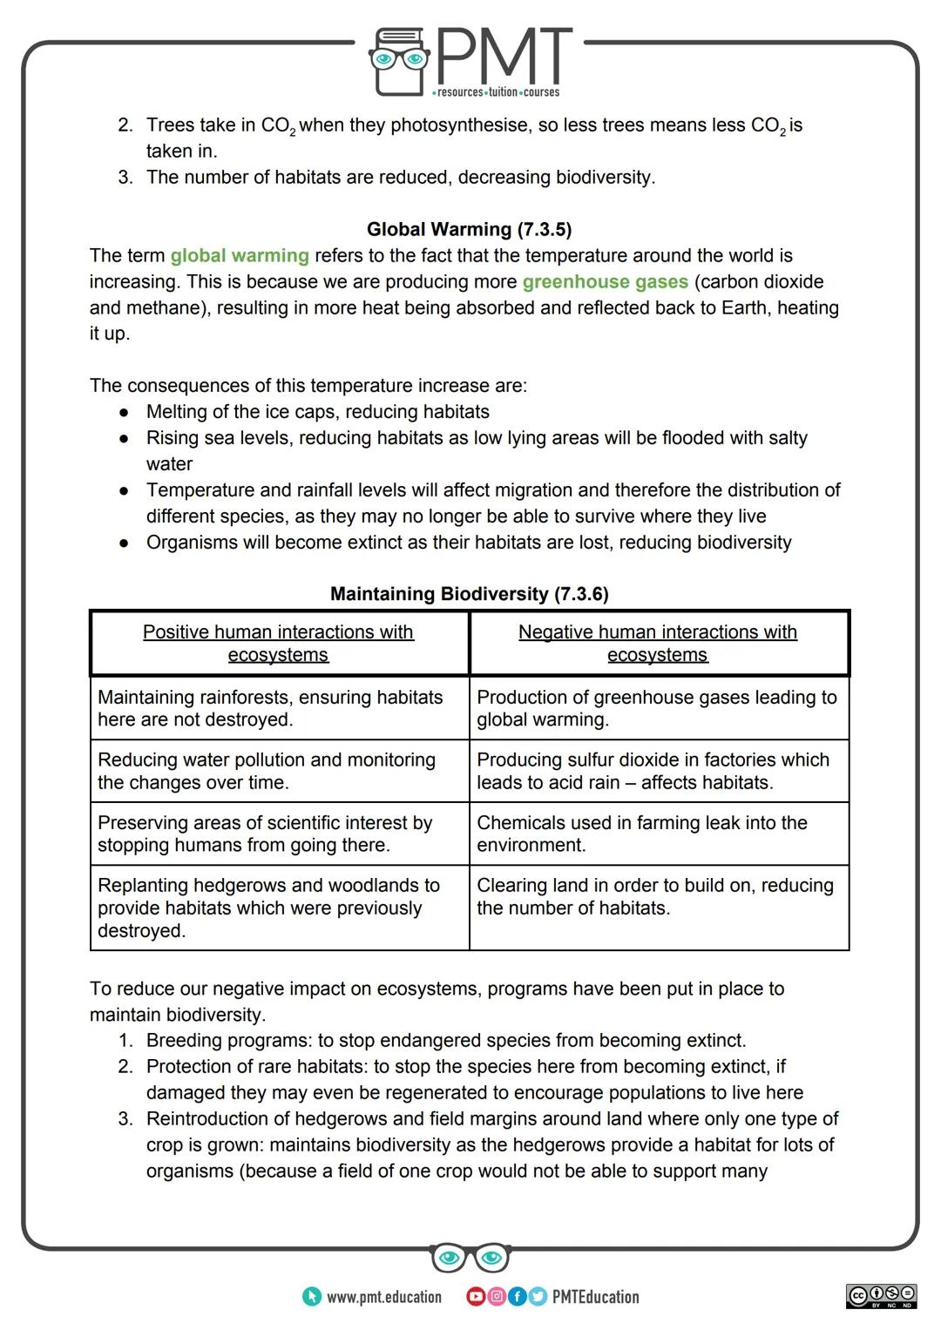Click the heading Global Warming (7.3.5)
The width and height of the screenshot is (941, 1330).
tap(469, 229)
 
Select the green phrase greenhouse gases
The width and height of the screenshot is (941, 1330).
tap(605, 281)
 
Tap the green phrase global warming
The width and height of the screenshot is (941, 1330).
tap(240, 255)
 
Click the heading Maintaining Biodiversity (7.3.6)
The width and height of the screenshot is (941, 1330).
tap(469, 594)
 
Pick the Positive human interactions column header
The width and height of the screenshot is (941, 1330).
tap(279, 644)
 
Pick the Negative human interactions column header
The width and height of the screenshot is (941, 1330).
tap(658, 644)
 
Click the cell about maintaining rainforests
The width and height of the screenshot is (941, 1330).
tap(279, 708)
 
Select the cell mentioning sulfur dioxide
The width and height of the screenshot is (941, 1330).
tap(658, 771)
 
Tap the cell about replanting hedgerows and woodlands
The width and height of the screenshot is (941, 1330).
tap(279, 908)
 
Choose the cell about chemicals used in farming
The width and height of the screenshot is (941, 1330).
tap(658, 834)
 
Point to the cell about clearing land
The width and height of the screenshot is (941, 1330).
tap(658, 896)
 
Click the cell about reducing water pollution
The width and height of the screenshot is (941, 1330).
tap(279, 771)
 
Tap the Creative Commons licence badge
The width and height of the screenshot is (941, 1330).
tap(881, 1295)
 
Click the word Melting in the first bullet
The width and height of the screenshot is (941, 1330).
tap(178, 412)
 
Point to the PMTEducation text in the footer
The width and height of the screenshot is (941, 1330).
tap(595, 1297)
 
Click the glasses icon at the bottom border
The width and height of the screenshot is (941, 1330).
tap(470, 1258)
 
